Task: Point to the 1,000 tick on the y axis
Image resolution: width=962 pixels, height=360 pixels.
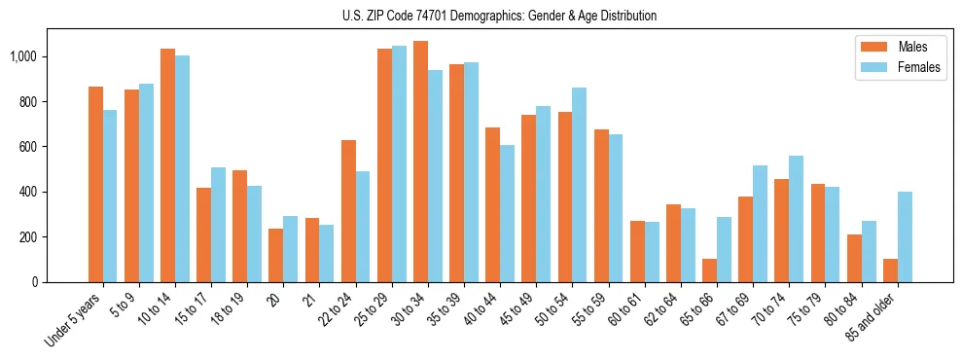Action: click(22, 57)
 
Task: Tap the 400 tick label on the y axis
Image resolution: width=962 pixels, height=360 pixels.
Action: click(27, 192)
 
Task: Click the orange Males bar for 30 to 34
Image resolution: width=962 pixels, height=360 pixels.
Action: click(420, 162)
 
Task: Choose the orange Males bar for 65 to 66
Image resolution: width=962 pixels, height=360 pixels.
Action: click(709, 270)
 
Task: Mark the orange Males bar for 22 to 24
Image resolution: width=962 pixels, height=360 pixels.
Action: click(348, 211)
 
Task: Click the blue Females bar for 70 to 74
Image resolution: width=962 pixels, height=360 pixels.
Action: click(797, 219)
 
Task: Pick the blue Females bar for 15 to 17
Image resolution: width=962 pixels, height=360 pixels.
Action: click(218, 225)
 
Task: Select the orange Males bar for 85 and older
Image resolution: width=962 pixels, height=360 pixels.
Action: click(890, 270)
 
